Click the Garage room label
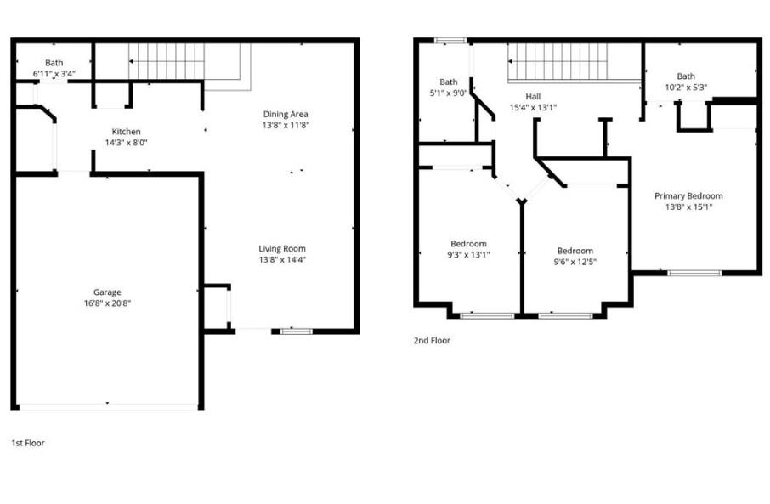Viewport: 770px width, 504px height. pyautogui.click(x=107, y=292)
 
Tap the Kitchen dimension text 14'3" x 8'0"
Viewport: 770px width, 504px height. pyautogui.click(x=126, y=143)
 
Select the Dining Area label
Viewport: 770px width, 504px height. pyautogui.click(x=285, y=114)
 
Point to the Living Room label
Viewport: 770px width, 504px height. pyautogui.click(x=282, y=249)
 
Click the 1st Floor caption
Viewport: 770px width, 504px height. pyautogui.click(x=28, y=443)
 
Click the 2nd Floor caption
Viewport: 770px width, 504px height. pyautogui.click(x=432, y=340)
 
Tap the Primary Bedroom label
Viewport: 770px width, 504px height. pyautogui.click(x=688, y=195)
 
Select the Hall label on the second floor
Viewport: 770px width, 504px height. pyautogui.click(x=533, y=97)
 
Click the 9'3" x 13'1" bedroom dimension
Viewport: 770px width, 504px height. pyautogui.click(x=468, y=254)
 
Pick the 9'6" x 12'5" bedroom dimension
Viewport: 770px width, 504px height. pyautogui.click(x=575, y=261)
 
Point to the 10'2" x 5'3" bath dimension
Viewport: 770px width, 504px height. pyautogui.click(x=686, y=87)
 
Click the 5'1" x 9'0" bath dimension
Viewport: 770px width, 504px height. pyautogui.click(x=449, y=93)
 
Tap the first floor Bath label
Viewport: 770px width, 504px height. pyautogui.click(x=54, y=63)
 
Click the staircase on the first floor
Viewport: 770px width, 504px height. pyautogui.click(x=167, y=61)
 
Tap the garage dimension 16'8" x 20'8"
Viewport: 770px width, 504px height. pyautogui.click(x=107, y=303)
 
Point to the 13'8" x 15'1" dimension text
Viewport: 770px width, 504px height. pyautogui.click(x=688, y=206)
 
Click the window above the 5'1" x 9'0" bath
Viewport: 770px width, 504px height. pyautogui.click(x=450, y=41)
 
